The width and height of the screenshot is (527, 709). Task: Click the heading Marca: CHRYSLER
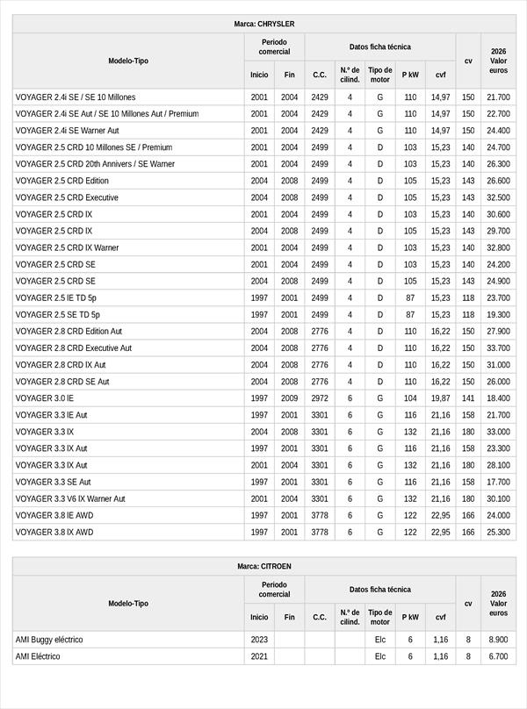pos(264,24)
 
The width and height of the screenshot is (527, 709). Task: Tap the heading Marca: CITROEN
pos(264,566)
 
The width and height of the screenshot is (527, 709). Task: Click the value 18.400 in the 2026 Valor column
pos(498,398)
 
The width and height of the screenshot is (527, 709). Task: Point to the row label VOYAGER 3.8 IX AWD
pos(54,532)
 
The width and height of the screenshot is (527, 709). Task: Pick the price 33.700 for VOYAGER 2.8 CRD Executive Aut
pos(498,348)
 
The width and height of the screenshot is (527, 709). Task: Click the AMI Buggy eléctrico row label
pos(54,640)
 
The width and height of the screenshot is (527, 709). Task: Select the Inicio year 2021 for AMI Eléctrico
pos(259,656)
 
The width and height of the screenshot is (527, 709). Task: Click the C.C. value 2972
pos(320,398)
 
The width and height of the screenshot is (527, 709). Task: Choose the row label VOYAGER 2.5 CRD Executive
pos(67,197)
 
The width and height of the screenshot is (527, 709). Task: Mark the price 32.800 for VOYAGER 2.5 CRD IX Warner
pos(498,247)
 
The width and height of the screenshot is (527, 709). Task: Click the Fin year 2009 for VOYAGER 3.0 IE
pos(290,398)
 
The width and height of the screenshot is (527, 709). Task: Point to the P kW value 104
pos(410,398)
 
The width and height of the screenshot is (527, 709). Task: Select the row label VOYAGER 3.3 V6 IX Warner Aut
pos(70,498)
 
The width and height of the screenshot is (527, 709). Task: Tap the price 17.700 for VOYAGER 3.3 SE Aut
pos(498,482)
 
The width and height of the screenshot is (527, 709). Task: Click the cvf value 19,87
pos(441,398)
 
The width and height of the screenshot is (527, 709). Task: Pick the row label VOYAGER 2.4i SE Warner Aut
pos(68,131)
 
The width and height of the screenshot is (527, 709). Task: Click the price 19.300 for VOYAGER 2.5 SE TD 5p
pos(498,314)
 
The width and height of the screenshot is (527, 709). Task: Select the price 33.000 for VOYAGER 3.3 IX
pos(498,432)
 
